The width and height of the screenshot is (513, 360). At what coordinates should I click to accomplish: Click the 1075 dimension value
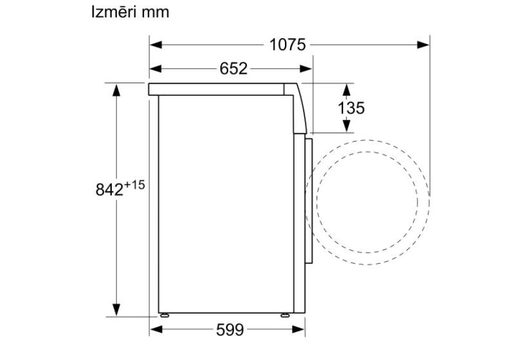pos(288,45)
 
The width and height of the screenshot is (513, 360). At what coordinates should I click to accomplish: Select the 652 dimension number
pos(233,69)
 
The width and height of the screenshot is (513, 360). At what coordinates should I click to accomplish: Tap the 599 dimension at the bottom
pos(230,330)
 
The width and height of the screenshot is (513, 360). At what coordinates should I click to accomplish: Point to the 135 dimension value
pos(351,108)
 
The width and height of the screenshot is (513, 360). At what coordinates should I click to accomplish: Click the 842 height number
pos(110,189)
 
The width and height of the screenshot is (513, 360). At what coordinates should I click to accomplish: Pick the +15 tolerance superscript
pos(134,185)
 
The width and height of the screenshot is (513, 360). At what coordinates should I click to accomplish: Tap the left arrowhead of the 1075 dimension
pos(156,45)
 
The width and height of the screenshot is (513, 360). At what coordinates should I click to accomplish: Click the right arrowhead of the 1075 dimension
pos(423,45)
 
